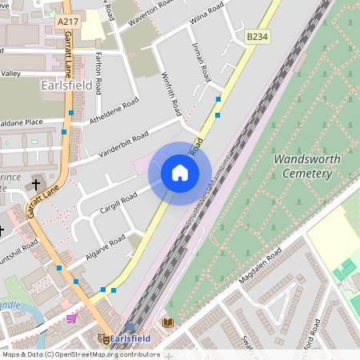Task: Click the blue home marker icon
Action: (x=180, y=173)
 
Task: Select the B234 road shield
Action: (x=256, y=37)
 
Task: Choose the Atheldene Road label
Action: (x=115, y=113)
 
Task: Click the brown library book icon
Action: (x=167, y=322)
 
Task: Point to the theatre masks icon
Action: (x=103, y=338)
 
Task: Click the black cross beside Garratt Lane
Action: (x=36, y=185)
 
